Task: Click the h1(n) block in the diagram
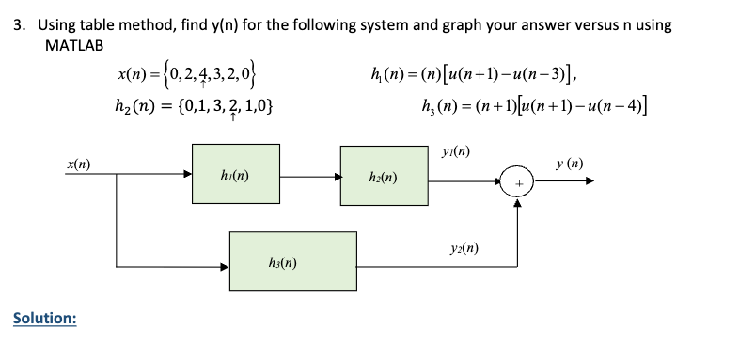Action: point(235,174)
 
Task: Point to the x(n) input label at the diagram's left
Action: point(78,164)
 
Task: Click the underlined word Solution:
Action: point(44,319)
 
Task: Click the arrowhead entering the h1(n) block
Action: point(186,173)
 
